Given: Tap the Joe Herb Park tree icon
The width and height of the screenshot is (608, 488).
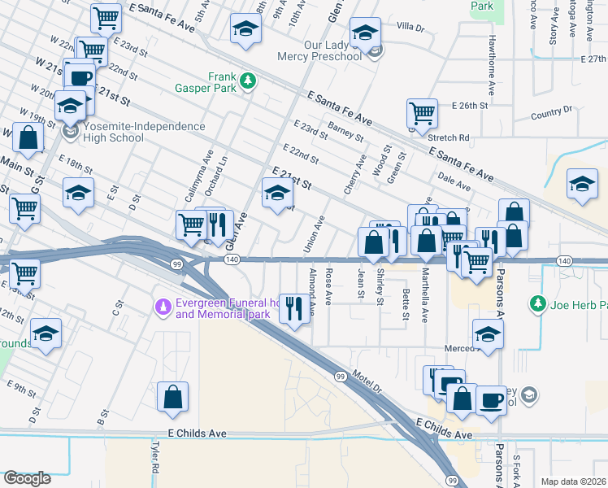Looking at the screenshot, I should [x=536, y=304].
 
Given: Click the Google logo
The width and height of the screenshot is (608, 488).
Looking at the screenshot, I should [x=27, y=478].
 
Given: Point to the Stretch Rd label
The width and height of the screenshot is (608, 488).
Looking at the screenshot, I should [x=449, y=137].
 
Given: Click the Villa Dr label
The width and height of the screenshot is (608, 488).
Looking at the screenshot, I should [x=410, y=28].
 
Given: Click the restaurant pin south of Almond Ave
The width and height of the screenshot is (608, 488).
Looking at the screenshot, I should [x=294, y=307].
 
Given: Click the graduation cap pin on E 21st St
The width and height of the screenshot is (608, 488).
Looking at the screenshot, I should [x=277, y=193].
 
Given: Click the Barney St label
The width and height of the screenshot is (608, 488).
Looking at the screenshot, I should [x=345, y=130].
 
